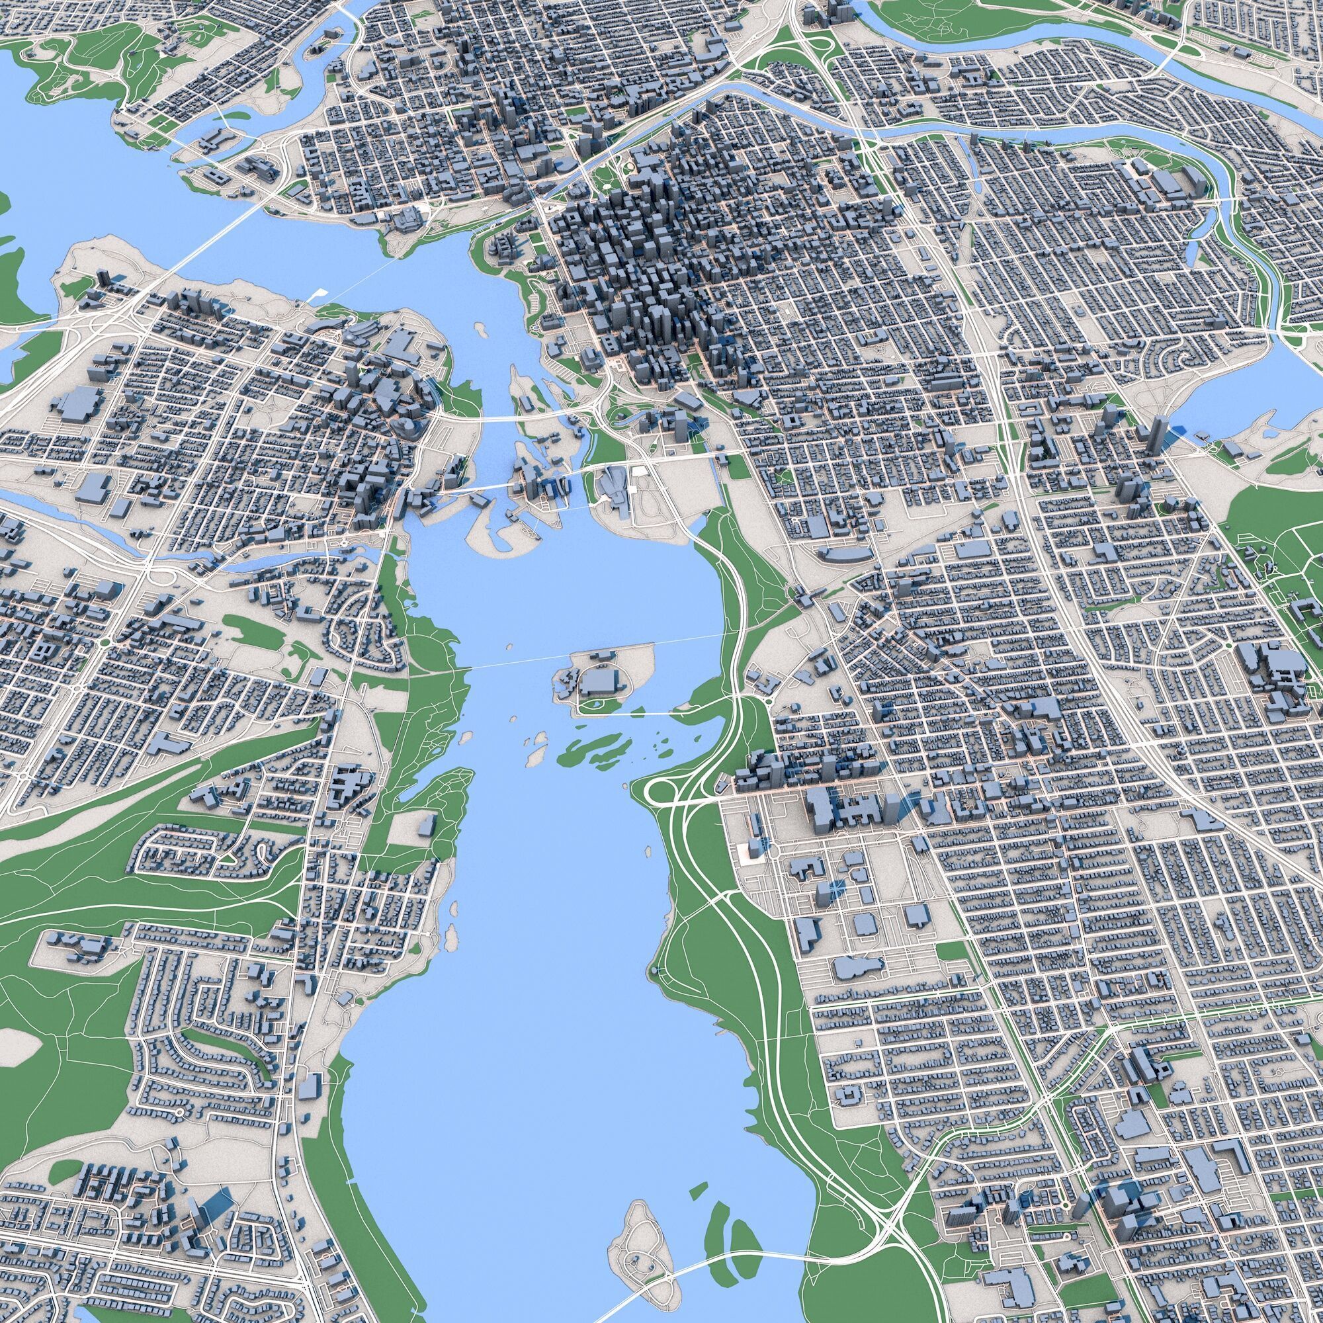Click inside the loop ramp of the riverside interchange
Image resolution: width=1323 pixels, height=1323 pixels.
tap(660, 792)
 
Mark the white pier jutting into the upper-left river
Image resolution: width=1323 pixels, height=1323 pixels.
tap(315, 295)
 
